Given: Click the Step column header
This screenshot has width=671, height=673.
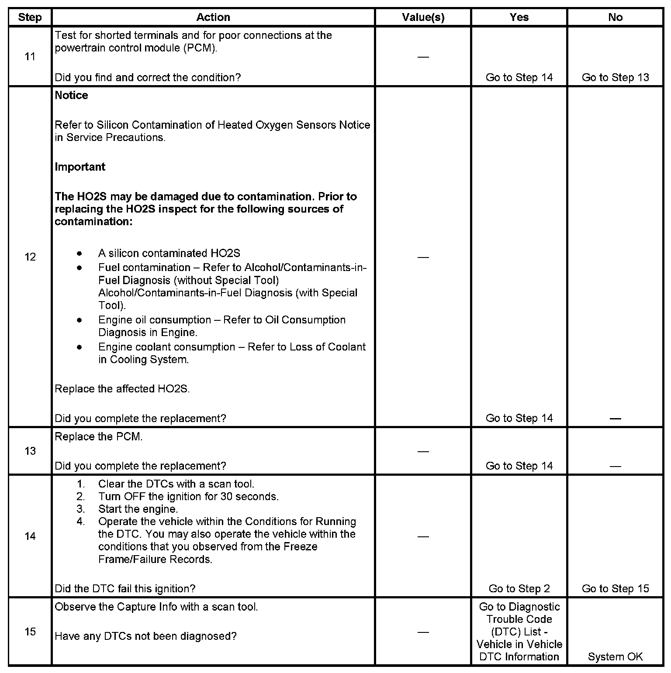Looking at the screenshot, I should click(30, 17).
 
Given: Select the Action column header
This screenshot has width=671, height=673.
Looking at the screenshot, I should click(213, 17).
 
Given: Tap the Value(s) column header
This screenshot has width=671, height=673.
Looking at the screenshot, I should click(423, 17).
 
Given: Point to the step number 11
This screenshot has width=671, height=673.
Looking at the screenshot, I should click(30, 57).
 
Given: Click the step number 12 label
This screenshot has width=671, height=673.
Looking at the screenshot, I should click(30, 257).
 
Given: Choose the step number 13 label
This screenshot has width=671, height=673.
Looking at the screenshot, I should click(30, 451).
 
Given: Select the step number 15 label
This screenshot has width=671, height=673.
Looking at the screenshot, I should click(30, 632).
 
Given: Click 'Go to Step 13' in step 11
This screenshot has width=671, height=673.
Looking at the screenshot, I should click(615, 78).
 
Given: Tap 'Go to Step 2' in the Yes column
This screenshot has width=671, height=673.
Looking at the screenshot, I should click(519, 589).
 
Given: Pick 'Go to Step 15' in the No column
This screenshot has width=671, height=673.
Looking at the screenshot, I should click(615, 589).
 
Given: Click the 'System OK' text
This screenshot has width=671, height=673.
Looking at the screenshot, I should click(615, 657).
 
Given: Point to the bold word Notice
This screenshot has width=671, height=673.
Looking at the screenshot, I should click(71, 96).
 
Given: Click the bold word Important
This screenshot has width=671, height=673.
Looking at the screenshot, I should click(80, 167).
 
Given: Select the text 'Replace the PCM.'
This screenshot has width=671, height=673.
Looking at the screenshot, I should click(99, 437).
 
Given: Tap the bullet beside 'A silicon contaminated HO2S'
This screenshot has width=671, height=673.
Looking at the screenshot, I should click(79, 254).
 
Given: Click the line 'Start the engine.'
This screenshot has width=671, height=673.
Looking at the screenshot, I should click(138, 509).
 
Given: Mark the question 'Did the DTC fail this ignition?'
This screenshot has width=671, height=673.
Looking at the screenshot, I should click(125, 589).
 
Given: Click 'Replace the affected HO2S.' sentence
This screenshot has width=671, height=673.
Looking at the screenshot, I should click(122, 389).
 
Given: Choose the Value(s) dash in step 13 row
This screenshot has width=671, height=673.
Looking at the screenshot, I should click(423, 451).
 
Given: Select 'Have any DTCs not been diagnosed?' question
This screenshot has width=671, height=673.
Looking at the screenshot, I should click(145, 636).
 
